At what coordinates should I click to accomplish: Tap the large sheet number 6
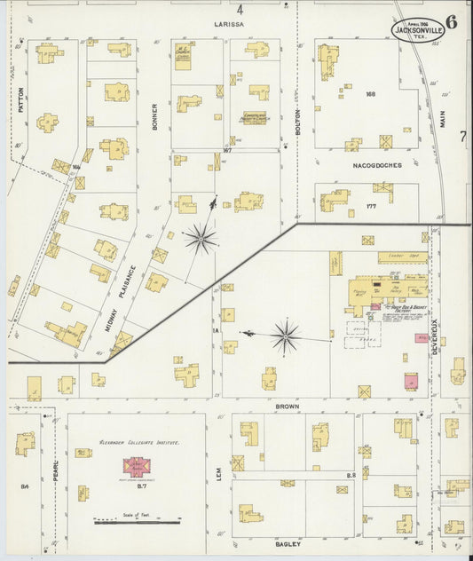[x=452, y=23]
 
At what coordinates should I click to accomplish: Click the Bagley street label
[x=288, y=542]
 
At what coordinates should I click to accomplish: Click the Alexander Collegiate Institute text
[x=138, y=441]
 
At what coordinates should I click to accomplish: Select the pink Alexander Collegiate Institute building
[x=138, y=466]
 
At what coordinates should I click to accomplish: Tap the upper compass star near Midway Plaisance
[x=201, y=238]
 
